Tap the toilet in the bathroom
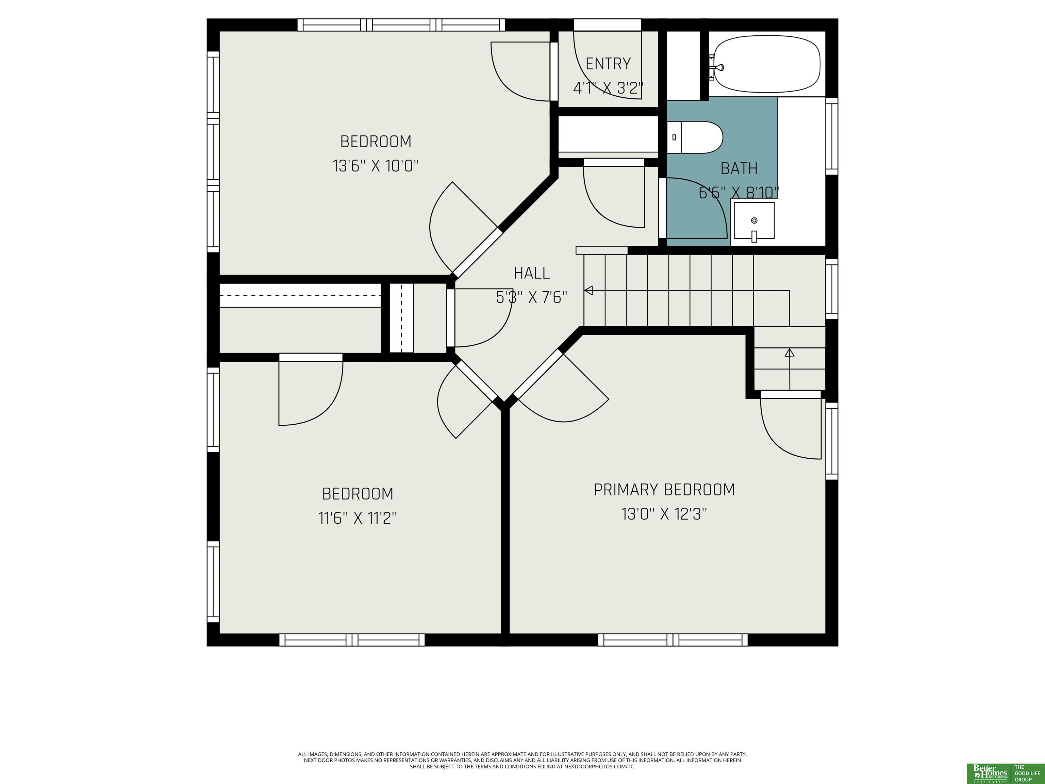coord(695,137)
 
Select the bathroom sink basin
coord(754,221)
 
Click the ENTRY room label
coord(608,64)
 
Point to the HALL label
coord(531,273)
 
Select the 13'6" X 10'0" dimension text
coord(376,166)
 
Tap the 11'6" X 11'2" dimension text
coord(358,519)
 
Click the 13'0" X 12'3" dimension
coord(664,514)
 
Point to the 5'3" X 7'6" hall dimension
coord(531,297)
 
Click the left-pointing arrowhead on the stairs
coord(588,291)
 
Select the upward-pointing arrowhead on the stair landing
coord(790,353)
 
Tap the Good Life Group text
coord(1028,773)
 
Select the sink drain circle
coord(754,220)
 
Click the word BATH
coord(739,169)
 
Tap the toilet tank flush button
coord(674,137)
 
